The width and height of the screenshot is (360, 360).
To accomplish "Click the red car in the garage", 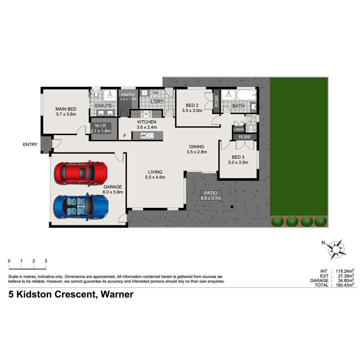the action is pyautogui.click(x=81, y=173).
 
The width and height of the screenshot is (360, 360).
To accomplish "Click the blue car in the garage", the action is pyautogui.click(x=81, y=207).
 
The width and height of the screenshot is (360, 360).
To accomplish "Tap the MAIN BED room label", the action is pyautogui.click(x=66, y=109).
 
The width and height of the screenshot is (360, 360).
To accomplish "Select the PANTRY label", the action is pyautogui.click(x=128, y=95).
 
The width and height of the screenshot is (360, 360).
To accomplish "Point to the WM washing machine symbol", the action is pyautogui.click(x=155, y=93).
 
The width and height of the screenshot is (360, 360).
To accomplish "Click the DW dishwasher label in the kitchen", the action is pyautogui.click(x=143, y=136).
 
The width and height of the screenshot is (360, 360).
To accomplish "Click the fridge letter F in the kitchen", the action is pyautogui.click(x=125, y=136).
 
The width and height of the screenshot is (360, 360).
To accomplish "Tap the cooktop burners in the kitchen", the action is pyautogui.click(x=146, y=113).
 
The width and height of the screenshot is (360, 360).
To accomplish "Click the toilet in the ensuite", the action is pyautogui.click(x=96, y=93).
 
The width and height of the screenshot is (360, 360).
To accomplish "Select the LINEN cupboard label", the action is pyautogui.click(x=238, y=130).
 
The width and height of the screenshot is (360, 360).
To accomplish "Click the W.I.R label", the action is pyautogui.click(x=100, y=125).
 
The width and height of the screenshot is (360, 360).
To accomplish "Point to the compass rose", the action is pyautogui.click(x=336, y=249).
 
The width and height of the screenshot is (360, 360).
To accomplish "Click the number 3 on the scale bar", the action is pyautogui.click(x=46, y=261).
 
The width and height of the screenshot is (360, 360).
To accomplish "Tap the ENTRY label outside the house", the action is pyautogui.click(x=30, y=144).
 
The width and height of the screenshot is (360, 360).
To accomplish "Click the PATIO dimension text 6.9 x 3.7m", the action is pyautogui.click(x=211, y=198).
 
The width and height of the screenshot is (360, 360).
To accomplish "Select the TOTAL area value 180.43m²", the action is pyautogui.click(x=345, y=285).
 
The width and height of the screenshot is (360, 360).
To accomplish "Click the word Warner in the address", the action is pyautogui.click(x=117, y=294).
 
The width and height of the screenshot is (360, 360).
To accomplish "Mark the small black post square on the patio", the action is pyautogui.click(x=232, y=206).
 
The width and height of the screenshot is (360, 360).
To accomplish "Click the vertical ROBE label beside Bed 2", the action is pyautogui.click(x=217, y=101).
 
